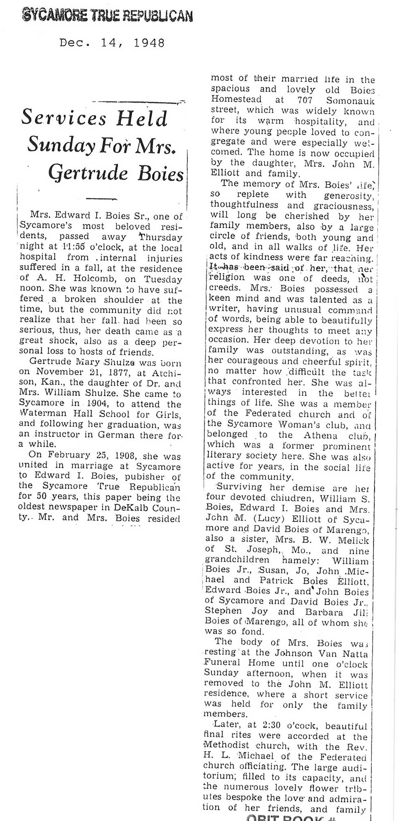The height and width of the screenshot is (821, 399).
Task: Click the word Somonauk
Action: click(352, 100)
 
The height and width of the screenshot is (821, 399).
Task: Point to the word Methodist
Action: click(228, 746)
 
